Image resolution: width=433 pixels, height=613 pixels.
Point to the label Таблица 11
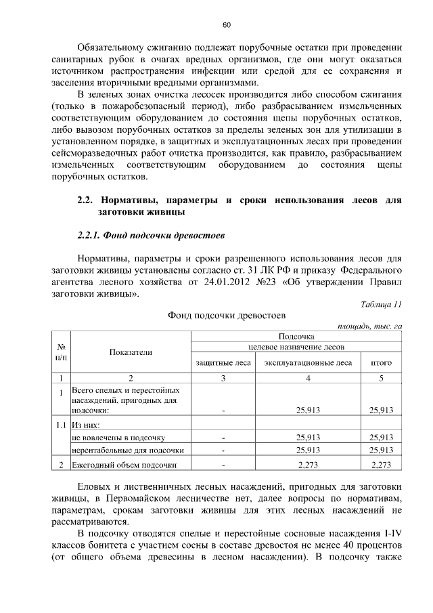382,304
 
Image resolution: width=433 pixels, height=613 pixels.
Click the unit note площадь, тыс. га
370,326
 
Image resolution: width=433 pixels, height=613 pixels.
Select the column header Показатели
131,352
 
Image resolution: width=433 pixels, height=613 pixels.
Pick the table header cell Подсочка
296,336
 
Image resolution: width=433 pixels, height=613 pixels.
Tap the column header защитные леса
223,363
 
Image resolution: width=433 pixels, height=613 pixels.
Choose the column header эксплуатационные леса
308,363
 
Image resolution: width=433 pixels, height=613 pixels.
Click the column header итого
382,363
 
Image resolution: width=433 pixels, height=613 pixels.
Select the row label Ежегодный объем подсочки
124,465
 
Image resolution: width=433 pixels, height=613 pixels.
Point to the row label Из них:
86,425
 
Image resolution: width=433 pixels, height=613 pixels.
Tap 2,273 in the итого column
382,465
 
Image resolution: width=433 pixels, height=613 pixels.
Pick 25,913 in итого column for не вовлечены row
382,438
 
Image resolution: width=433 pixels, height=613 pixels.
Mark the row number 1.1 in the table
61,425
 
